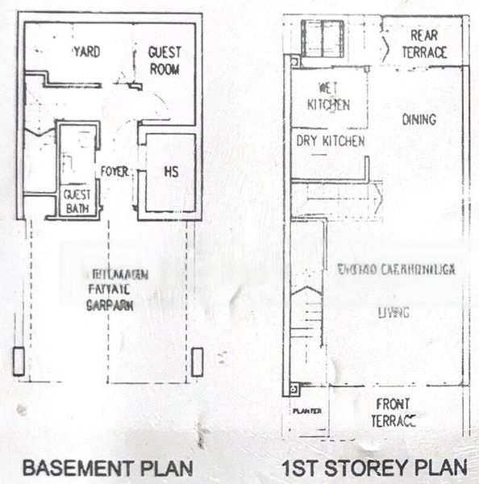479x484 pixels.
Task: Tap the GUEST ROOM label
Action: click(x=165, y=60)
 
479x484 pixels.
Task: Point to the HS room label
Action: click(x=170, y=173)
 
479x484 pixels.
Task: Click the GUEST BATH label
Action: click(x=78, y=200)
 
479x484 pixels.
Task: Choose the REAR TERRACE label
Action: click(x=424, y=44)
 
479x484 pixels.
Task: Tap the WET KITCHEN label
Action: click(x=328, y=96)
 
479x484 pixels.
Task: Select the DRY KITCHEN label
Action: click(x=330, y=141)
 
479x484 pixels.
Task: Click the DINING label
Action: click(x=419, y=119)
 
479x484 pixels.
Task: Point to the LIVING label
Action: click(x=394, y=312)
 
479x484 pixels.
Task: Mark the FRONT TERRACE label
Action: click(x=393, y=412)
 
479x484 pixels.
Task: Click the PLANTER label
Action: click(x=307, y=411)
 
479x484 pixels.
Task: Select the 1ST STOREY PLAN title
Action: click(x=375, y=467)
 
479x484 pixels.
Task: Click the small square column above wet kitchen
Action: click(x=295, y=61)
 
